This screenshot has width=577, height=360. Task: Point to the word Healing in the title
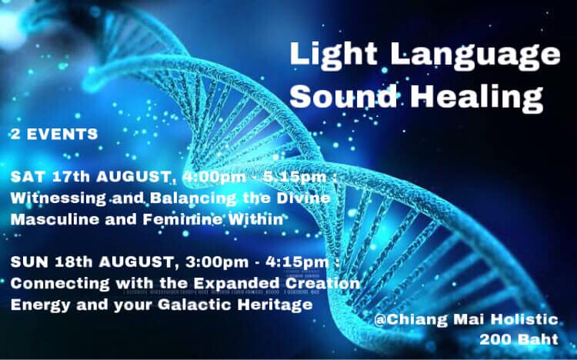click(476, 97)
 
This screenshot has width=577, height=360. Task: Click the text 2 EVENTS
click(54, 134)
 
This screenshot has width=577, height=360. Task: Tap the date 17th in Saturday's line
click(71, 177)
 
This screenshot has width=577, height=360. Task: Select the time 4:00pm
click(214, 177)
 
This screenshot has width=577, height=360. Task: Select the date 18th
click(74, 262)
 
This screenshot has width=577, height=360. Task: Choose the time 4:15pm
click(297, 262)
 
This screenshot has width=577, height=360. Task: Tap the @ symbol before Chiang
click(380, 319)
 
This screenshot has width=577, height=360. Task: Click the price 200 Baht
click(519, 339)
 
